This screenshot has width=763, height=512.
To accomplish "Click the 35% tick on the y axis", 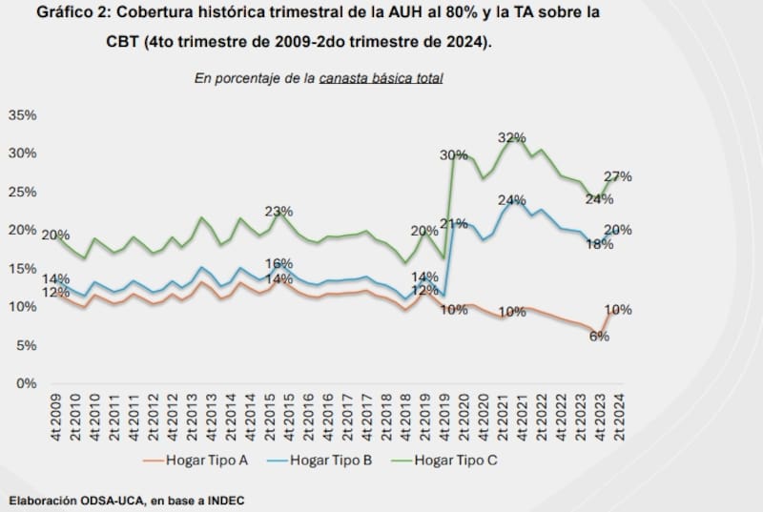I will (22, 115).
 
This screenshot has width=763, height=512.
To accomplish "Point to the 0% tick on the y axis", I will (26, 383).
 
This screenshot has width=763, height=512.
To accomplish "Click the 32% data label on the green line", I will (512, 138).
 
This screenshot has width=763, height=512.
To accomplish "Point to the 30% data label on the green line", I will (453, 155).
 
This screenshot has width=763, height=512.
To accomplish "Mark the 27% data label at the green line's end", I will (618, 177).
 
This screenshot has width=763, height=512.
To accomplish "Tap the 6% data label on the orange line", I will (599, 336).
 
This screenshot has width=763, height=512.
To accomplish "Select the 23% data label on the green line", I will (278, 212).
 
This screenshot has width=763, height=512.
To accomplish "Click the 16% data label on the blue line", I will (278, 264).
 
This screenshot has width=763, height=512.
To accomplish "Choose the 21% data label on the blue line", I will (453, 225).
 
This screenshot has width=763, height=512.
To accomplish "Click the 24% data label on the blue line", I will (512, 200).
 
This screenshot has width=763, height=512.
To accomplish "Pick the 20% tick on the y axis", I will (22, 231).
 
